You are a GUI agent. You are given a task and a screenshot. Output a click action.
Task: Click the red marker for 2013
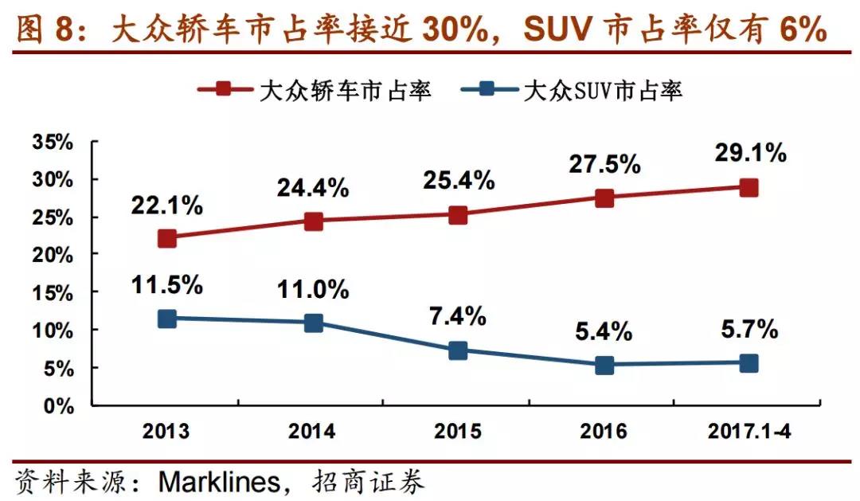point(167,238)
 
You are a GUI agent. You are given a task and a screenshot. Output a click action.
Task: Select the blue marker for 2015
point(458,350)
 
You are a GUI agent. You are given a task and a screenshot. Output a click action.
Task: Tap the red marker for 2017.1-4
point(749,188)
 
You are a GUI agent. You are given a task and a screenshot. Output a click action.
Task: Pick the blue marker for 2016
point(604,366)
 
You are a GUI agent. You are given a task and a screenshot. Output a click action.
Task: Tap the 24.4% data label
point(313,189)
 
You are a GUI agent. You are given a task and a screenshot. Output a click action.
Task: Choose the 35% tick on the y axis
point(53,143)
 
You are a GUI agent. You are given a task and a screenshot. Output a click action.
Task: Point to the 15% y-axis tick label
point(53,293)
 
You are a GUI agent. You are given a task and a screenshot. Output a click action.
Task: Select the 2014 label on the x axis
point(313,432)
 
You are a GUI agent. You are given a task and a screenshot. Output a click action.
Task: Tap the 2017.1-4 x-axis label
point(749,432)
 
